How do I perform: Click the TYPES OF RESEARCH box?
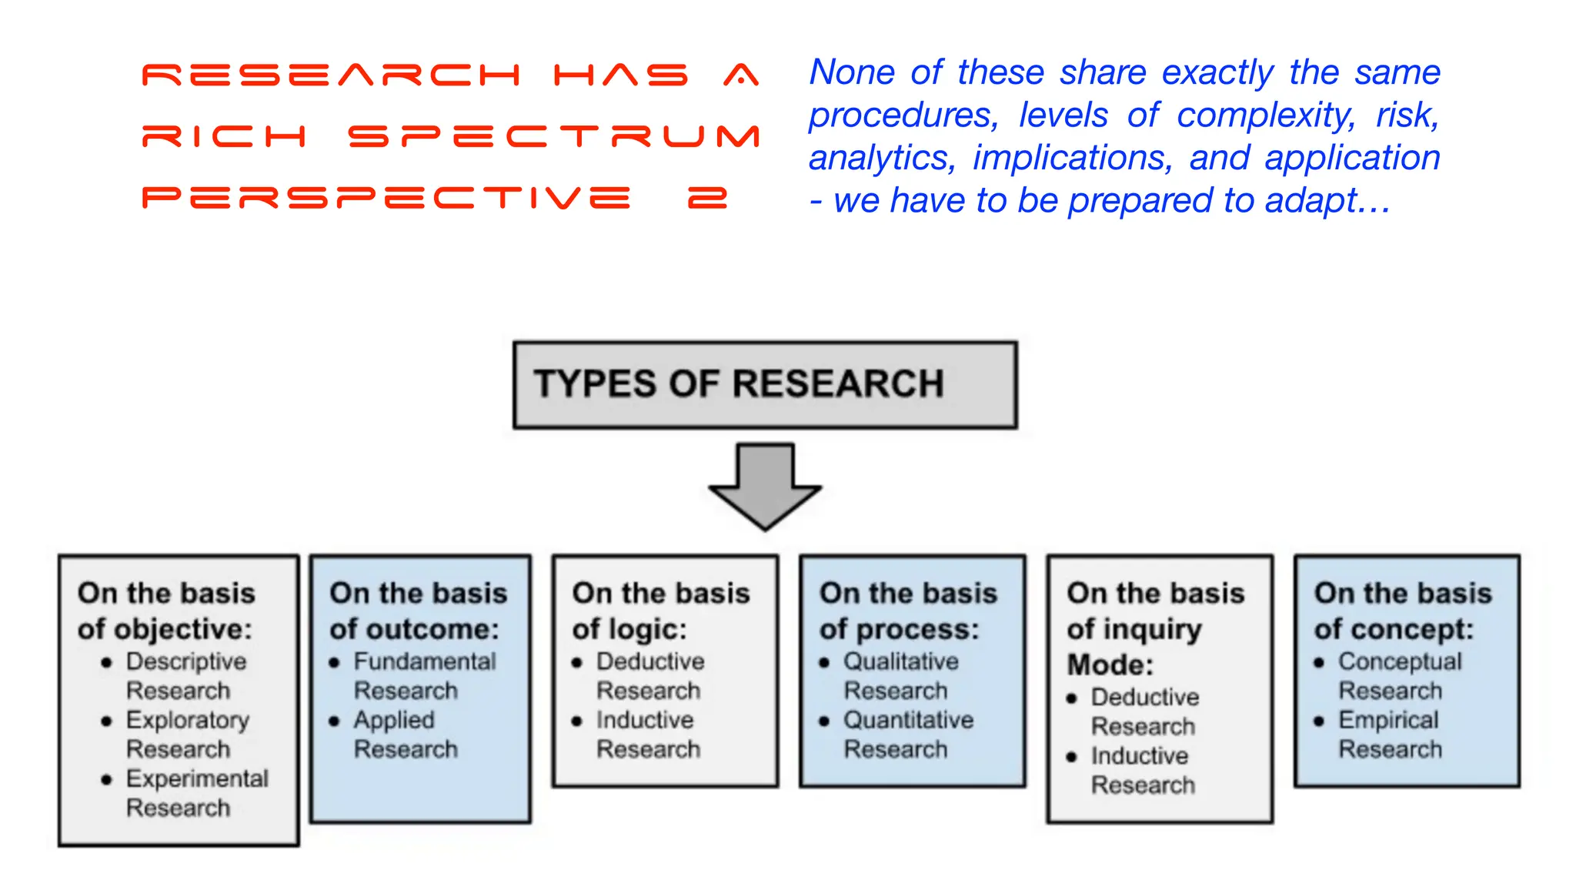765,384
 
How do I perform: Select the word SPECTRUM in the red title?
554,137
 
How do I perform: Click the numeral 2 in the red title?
707,199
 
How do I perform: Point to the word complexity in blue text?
1266,115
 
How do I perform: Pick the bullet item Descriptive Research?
185,675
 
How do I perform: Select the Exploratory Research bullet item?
187,734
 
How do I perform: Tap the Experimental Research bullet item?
197,792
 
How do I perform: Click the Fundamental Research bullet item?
424,675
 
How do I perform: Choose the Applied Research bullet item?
405,734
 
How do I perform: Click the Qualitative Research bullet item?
900,675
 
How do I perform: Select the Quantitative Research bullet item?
908,734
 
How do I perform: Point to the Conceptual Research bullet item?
1399,675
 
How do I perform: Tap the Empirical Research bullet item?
1389,734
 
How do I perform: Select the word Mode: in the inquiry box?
1110,664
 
